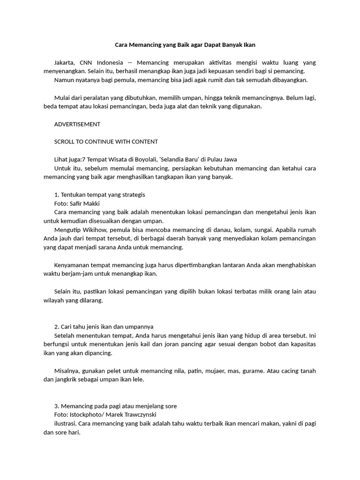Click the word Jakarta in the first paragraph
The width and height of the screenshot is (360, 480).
tap(64, 62)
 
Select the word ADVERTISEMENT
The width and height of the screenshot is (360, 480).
tap(77, 124)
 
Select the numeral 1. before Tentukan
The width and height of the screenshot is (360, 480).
tap(57, 195)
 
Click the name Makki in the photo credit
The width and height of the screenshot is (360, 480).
tap(92, 203)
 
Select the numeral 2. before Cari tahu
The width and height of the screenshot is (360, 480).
tap(57, 327)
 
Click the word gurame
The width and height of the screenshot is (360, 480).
tap(255, 371)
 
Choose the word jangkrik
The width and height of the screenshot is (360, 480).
tap(67, 380)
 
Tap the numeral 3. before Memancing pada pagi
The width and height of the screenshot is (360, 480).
tap(57, 406)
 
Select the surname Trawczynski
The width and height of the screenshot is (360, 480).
tap(139, 415)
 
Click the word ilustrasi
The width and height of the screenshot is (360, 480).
tap(65, 424)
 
